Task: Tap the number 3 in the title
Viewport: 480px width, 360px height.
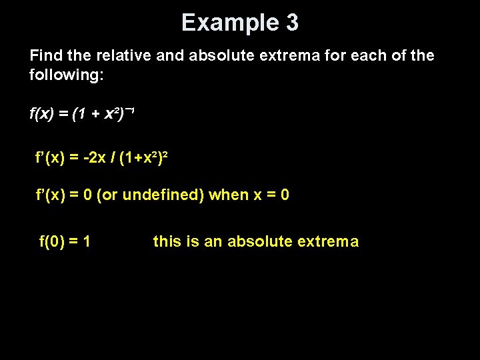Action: (292, 23)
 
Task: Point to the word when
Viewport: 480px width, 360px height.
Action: (228, 195)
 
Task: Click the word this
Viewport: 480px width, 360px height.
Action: (167, 241)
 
